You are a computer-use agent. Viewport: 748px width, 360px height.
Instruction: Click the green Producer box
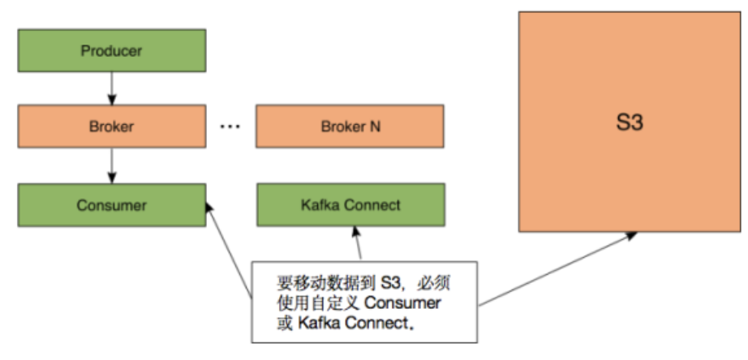pos(111,51)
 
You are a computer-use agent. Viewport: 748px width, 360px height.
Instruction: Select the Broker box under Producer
pos(111,126)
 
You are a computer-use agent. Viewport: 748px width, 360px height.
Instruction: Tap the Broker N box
pos(350,126)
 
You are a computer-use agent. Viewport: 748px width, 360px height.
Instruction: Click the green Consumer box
pos(111,205)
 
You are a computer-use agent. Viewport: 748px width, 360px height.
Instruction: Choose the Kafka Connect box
pos(350,205)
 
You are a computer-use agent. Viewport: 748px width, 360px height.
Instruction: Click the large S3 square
pos(630,122)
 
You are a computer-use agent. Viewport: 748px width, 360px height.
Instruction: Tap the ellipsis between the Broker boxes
pos(231,128)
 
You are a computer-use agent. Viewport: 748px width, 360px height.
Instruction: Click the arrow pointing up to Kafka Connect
pos(356,243)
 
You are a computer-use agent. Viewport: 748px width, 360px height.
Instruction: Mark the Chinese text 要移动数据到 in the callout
pos(325,283)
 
